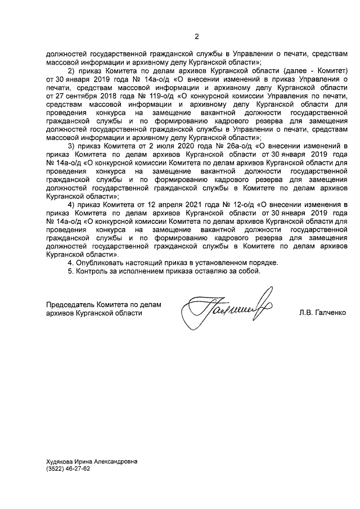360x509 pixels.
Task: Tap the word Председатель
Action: pyautogui.click(x=70, y=304)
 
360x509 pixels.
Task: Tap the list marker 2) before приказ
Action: pyautogui.click(x=71, y=73)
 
